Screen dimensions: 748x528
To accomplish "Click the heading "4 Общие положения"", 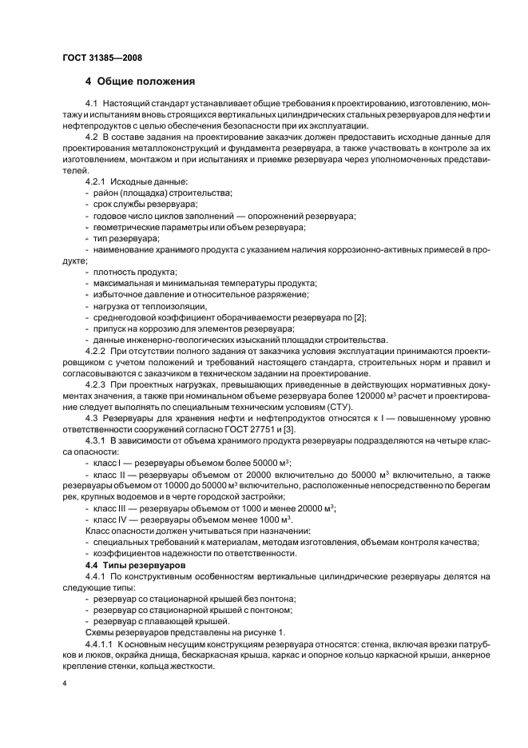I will pyautogui.click(x=139, y=82).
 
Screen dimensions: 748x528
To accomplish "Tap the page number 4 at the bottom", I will pyautogui.click(x=65, y=685).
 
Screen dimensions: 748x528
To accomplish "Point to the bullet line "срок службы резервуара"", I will pyautogui.click(x=140, y=205).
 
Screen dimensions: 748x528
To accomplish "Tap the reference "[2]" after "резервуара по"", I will pyautogui.click(x=361, y=317).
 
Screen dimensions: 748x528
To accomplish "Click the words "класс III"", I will pyautogui.click(x=110, y=507).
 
